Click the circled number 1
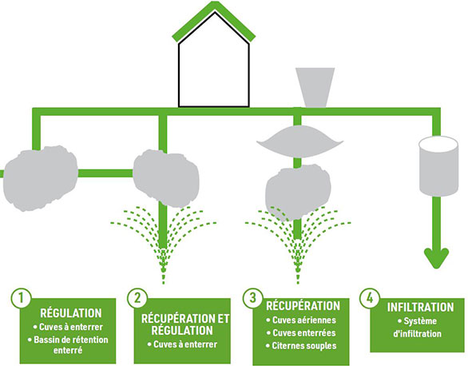[21, 298]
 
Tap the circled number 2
[137, 298]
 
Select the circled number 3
[252, 298]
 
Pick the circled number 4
[370, 298]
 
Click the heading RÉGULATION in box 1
[71, 313]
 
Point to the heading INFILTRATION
[420, 307]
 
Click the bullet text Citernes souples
[304, 346]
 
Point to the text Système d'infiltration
[418, 328]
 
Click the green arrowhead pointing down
[436, 258]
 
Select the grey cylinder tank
[438, 166]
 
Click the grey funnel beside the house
[315, 87]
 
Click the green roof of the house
[214, 20]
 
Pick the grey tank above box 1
[40, 178]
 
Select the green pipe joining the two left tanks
[105, 173]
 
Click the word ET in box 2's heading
[222, 319]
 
